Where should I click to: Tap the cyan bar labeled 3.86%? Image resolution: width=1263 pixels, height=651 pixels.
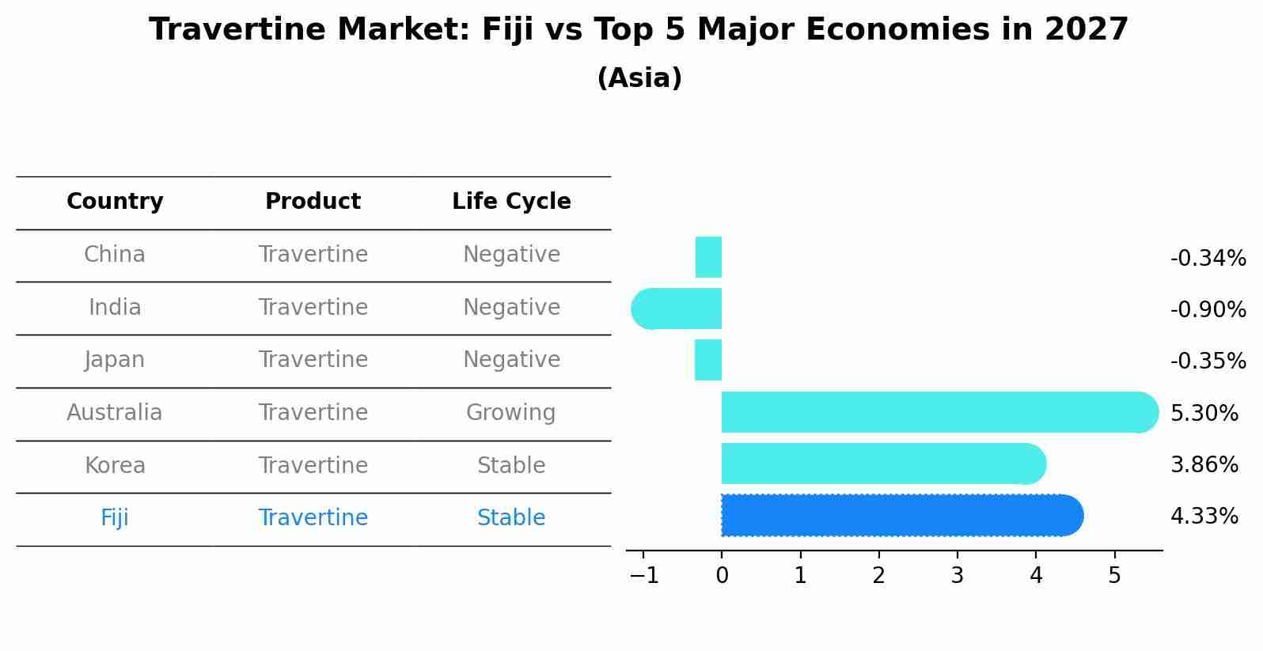point(883,464)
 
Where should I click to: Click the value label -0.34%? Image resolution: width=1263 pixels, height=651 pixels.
point(1208,259)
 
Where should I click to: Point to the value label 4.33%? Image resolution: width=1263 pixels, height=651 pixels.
point(1204,517)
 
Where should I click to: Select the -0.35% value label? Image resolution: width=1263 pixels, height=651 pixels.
point(1208,361)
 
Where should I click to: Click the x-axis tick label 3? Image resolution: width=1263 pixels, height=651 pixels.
point(957,576)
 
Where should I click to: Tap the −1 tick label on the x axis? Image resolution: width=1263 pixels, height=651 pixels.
point(644,576)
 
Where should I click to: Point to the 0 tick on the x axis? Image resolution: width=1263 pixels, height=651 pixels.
point(722,576)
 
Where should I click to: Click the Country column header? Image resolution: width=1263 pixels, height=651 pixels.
point(115,202)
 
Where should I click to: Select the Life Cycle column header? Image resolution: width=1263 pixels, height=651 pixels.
point(511,202)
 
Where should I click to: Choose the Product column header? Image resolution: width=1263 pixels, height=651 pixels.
point(313,202)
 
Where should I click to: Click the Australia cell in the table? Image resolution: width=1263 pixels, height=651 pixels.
point(115,413)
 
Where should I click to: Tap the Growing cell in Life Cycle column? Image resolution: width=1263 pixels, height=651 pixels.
point(511,413)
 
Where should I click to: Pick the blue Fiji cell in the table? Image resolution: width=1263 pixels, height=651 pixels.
point(115,518)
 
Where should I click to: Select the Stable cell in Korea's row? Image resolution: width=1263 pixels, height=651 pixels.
point(511,466)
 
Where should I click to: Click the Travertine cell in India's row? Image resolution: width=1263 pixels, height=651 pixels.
point(313,308)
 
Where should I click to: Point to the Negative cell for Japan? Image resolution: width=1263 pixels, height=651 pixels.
point(511,360)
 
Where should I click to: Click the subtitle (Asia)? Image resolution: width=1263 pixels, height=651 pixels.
point(639,78)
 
